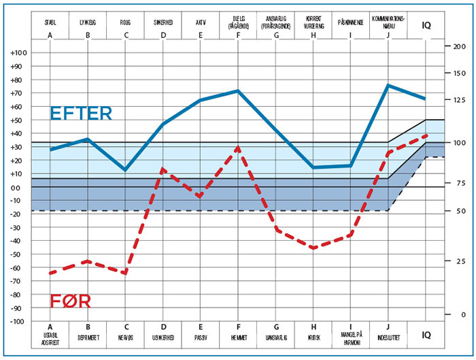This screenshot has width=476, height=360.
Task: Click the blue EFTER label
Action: coord(80,114)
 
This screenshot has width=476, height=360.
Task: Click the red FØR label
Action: coord(71,301)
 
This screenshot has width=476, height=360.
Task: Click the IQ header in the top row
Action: coord(426,25)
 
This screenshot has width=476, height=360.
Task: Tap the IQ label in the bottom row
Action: coord(426,334)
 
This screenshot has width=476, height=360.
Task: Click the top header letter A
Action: coord(50,35)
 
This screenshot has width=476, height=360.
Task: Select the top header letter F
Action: coord(239,35)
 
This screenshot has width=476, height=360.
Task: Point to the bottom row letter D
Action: coord(163,326)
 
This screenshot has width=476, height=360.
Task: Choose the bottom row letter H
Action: coord(313,326)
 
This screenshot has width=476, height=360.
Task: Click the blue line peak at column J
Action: coord(388,85)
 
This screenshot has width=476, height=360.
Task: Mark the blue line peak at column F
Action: coord(239,91)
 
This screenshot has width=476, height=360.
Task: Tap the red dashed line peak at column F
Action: coord(239,146)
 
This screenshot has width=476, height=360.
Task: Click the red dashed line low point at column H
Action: coord(313,248)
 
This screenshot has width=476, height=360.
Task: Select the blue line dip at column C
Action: coord(126,169)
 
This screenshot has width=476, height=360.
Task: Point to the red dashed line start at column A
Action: coord(50,273)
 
